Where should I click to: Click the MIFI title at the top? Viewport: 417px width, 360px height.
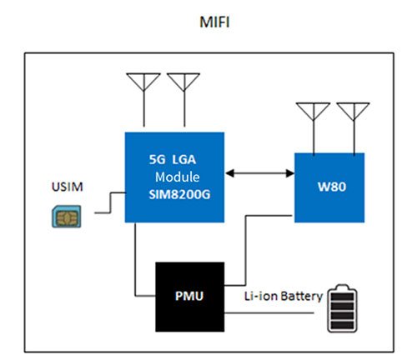(214, 22)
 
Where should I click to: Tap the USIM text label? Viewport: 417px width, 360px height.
(68, 187)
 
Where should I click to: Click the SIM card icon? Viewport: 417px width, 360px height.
(67, 217)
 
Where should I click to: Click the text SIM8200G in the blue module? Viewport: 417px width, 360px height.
(179, 194)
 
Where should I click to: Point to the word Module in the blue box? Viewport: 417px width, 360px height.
(178, 177)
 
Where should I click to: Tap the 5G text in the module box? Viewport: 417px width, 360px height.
(157, 159)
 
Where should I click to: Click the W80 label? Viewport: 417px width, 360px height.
(332, 187)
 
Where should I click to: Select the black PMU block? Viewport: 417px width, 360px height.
(190, 297)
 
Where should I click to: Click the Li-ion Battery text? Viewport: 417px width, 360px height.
(284, 296)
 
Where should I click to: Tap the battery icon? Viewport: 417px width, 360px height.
(342, 308)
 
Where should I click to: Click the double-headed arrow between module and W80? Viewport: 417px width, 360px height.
(259, 173)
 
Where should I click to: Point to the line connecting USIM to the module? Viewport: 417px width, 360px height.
(111, 202)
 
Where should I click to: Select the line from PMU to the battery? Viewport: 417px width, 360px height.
(269, 313)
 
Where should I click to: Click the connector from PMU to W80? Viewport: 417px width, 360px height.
(245, 250)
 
